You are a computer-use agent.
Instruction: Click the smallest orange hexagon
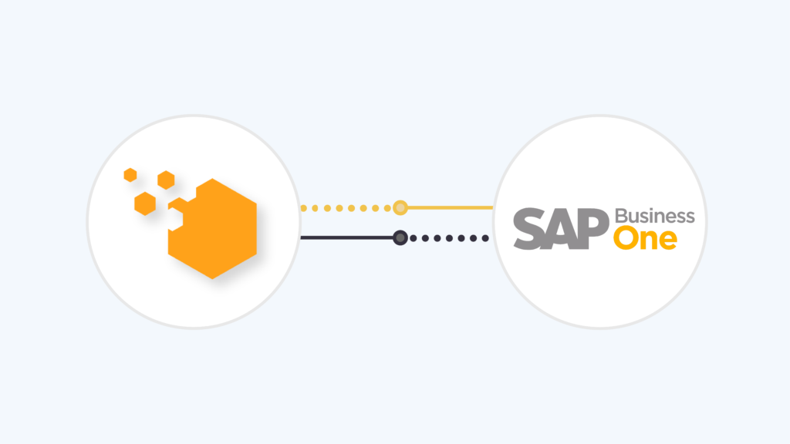click(130, 175)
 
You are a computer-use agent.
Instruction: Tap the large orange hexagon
click(217, 229)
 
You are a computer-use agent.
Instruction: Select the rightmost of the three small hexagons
click(166, 180)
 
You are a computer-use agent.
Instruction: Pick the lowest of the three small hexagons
click(145, 203)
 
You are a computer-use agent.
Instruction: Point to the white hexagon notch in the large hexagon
click(175, 220)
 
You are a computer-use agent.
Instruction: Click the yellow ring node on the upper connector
click(400, 207)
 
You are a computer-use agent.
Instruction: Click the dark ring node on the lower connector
click(400, 237)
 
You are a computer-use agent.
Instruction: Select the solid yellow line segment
click(450, 207)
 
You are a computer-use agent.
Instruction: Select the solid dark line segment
click(346, 237)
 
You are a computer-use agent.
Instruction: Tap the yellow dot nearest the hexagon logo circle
click(303, 208)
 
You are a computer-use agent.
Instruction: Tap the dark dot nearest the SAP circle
click(485, 238)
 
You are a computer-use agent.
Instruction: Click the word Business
click(655, 216)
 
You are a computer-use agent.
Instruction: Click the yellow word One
click(646, 238)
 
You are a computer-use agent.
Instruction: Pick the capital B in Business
click(621, 216)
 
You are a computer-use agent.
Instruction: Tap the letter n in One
click(649, 240)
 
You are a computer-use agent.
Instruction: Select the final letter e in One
click(668, 241)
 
